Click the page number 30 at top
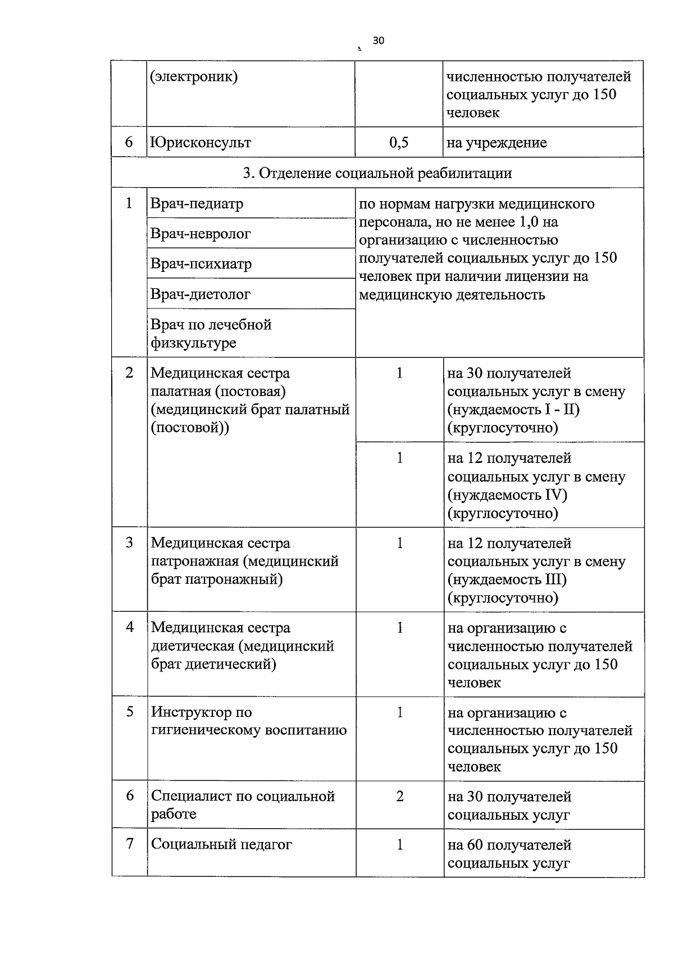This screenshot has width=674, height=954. (x=378, y=40)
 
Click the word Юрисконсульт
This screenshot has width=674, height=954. (x=201, y=142)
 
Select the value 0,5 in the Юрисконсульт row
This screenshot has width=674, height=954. (x=399, y=142)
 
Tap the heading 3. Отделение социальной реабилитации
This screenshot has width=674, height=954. (x=377, y=172)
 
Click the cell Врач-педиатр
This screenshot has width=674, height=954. (x=197, y=203)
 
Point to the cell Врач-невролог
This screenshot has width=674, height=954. (x=201, y=234)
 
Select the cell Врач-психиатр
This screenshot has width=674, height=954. (x=201, y=264)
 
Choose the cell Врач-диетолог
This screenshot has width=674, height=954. (x=201, y=294)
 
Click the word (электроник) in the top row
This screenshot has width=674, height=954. (x=194, y=76)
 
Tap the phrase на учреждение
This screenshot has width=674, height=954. (x=497, y=143)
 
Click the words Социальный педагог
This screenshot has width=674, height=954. (x=221, y=844)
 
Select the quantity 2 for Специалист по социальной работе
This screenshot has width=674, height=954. (x=399, y=797)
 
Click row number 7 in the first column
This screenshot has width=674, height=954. (x=129, y=844)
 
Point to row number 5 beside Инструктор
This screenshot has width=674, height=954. (x=129, y=712)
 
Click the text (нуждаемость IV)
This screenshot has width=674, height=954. (x=508, y=495)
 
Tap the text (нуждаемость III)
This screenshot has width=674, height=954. (x=507, y=579)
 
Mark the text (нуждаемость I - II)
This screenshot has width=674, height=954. (x=513, y=410)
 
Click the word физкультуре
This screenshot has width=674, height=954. (x=193, y=343)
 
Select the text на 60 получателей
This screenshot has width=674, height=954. (x=509, y=845)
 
